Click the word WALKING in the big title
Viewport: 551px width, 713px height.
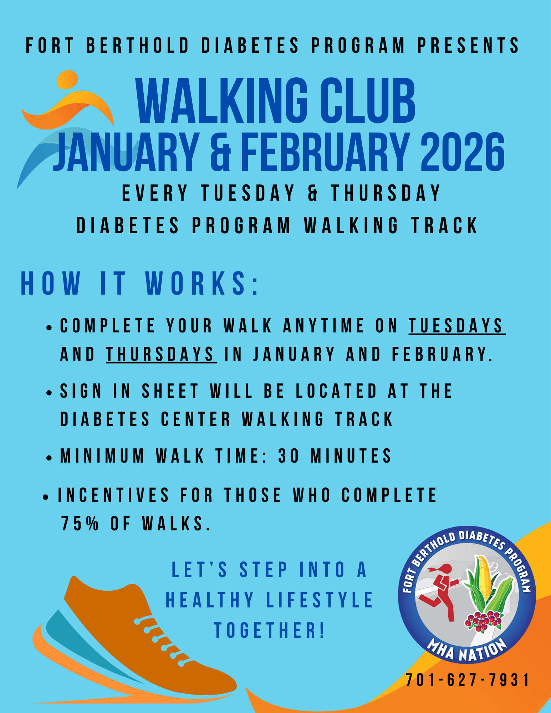tap(222, 101)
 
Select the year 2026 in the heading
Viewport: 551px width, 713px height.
tap(463, 152)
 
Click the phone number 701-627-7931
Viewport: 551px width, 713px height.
tap(468, 680)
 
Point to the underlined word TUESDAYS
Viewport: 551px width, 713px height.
tap(456, 326)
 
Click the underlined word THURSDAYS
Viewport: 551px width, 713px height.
tap(160, 354)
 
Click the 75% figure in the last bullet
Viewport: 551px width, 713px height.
tap(80, 524)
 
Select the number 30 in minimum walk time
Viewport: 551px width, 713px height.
tap(289, 456)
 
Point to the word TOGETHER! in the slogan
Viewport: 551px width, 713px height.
tap(269, 630)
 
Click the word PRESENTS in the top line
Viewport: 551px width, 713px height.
tap(468, 46)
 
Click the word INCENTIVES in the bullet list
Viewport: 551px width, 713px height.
tap(113, 495)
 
